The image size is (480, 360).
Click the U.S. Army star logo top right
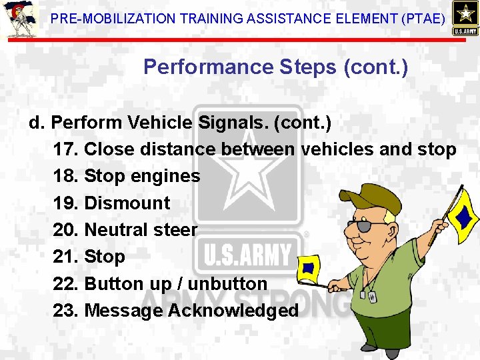click(x=464, y=18)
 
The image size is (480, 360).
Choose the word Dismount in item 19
click(x=127, y=203)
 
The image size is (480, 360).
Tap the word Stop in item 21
click(x=105, y=257)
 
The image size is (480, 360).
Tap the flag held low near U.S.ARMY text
click(x=309, y=267)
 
